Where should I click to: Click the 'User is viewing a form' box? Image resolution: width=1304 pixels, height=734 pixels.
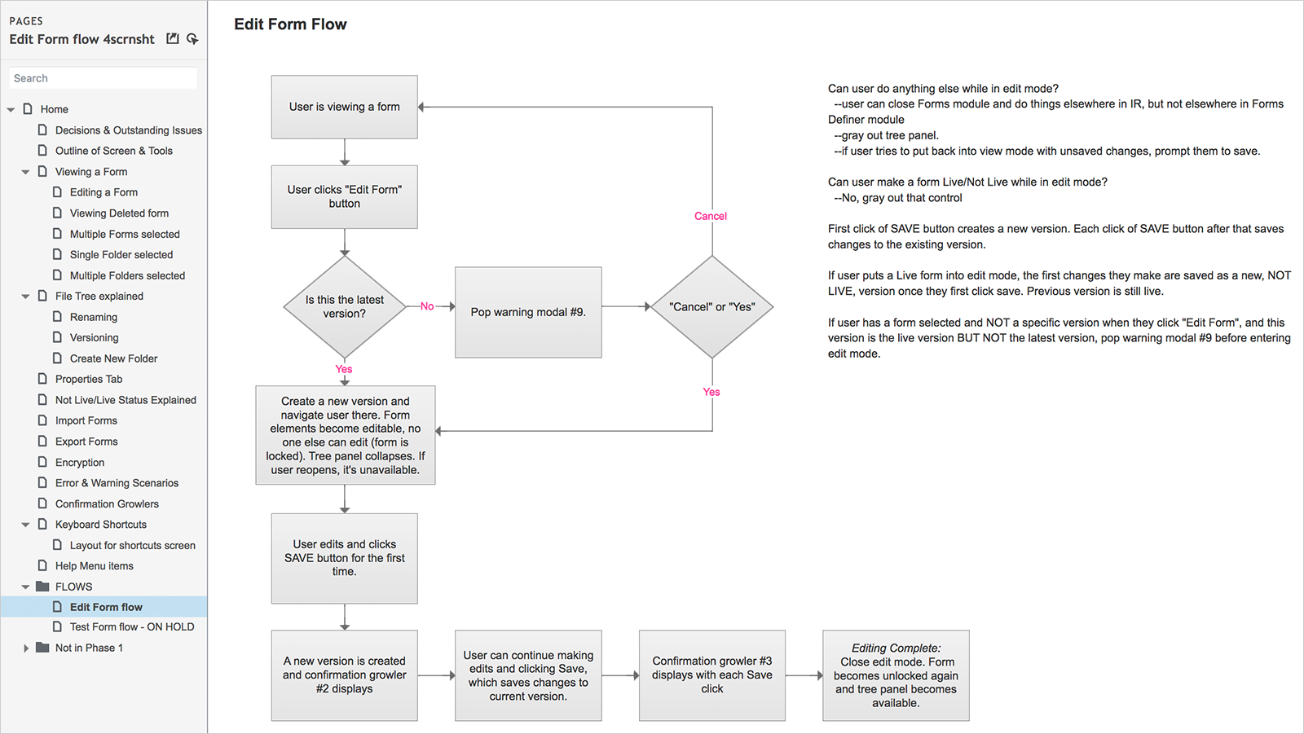pos(344,107)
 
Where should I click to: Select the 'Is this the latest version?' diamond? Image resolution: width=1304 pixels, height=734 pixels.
pos(345,307)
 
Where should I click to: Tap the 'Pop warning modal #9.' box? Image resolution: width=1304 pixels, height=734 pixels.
pos(528,312)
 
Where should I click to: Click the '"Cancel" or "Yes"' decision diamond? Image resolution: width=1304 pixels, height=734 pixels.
pos(712,307)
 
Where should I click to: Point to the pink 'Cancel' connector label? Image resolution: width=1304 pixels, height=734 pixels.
pos(710,216)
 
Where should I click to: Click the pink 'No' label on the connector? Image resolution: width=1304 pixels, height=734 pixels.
pos(427,306)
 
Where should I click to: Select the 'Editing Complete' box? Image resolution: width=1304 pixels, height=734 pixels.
pos(896,675)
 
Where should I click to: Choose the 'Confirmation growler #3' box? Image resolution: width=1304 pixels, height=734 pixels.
pos(712,675)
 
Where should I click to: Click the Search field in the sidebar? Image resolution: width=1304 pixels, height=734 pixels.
pos(103,78)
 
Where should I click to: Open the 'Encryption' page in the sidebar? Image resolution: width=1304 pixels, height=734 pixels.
pos(80,462)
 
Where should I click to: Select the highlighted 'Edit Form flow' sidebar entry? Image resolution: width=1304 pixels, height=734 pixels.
pos(106,607)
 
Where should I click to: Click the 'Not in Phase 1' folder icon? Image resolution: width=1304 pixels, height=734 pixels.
pos(42,648)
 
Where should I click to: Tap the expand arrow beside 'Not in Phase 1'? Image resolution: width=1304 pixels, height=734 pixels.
pos(25,648)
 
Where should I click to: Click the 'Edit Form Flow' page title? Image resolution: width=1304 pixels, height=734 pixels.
pos(290,24)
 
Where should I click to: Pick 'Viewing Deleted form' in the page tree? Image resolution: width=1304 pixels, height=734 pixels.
pos(119,213)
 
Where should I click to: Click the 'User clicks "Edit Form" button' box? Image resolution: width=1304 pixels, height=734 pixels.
pos(344,197)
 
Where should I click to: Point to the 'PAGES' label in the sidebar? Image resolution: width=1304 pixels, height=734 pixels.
pos(26,21)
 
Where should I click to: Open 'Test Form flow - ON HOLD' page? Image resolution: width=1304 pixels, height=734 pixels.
pos(132,627)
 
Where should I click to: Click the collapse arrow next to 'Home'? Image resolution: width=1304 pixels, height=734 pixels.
pos(11,109)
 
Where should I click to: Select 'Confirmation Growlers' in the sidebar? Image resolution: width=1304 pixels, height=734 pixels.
pos(107,503)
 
